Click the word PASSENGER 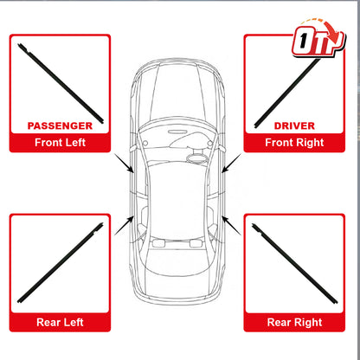pyautogui.click(x=60, y=125)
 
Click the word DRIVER pyautogui.click(x=294, y=125)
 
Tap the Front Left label pyautogui.click(x=60, y=143)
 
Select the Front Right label pyautogui.click(x=294, y=143)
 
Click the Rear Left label pyautogui.click(x=60, y=322)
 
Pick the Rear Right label pyautogui.click(x=294, y=323)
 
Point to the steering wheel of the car pyautogui.click(x=197, y=158)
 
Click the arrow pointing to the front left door pyautogui.click(x=124, y=164)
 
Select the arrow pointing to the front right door pyautogui.click(x=231, y=164)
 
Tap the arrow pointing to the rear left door pyautogui.click(x=124, y=225)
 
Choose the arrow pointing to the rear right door pyautogui.click(x=231, y=225)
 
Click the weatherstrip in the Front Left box pyautogui.click(x=61, y=83)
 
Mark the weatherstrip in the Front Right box pyautogui.click(x=288, y=93)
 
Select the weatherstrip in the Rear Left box pyautogui.click(x=61, y=263)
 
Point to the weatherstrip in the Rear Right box pyautogui.click(x=295, y=263)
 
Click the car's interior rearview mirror pyautogui.click(x=177, y=132)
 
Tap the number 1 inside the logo pyautogui.click(x=303, y=41)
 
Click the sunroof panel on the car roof pyautogui.click(x=177, y=196)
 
